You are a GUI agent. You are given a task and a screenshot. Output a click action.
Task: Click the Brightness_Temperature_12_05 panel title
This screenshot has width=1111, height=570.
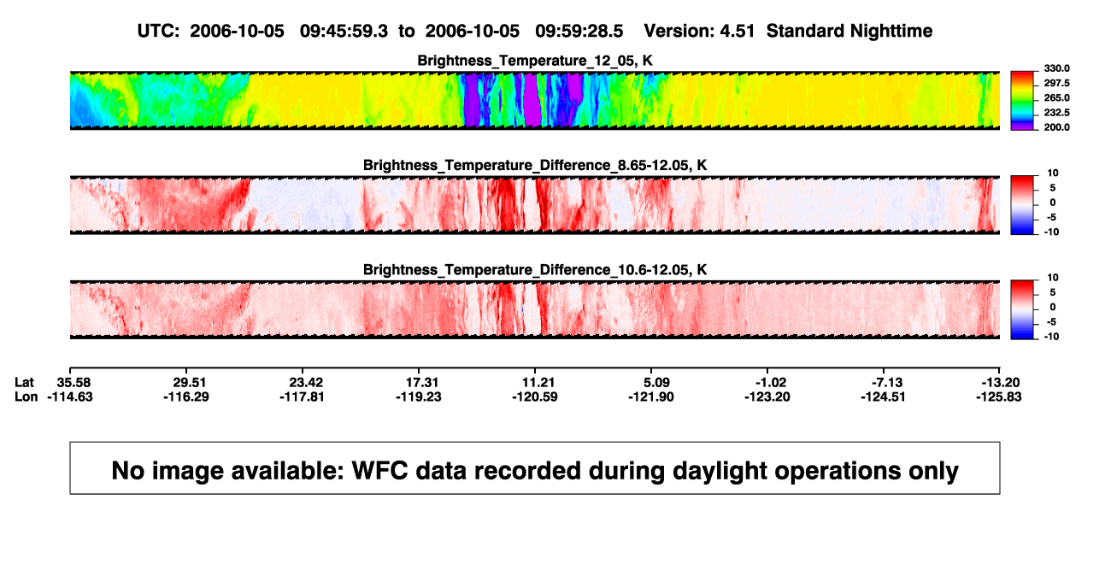pyautogui.click(x=535, y=61)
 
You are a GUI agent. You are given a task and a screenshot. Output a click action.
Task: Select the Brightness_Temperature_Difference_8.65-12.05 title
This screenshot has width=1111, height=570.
pyautogui.click(x=535, y=165)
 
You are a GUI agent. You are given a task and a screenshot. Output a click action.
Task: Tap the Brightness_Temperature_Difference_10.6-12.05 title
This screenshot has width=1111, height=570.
pyautogui.click(x=535, y=270)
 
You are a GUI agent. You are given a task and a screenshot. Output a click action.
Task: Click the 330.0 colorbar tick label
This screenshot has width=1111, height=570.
pyautogui.click(x=1056, y=68)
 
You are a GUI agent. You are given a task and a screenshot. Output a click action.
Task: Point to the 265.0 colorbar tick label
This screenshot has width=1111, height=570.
pyautogui.click(x=1056, y=97)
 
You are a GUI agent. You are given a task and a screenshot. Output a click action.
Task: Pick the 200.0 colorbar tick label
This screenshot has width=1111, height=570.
pyautogui.click(x=1056, y=127)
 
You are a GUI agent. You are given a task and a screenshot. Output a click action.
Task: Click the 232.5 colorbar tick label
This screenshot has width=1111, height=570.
pyautogui.click(x=1056, y=113)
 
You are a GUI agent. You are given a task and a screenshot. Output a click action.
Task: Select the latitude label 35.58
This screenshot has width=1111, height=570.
pyautogui.click(x=73, y=383)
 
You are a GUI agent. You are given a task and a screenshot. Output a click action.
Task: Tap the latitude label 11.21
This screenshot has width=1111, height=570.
pyautogui.click(x=538, y=383)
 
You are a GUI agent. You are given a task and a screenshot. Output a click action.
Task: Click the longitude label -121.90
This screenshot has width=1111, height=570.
pyautogui.click(x=650, y=397)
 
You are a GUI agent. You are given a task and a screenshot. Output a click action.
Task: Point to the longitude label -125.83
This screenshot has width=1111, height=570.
pyautogui.click(x=999, y=397)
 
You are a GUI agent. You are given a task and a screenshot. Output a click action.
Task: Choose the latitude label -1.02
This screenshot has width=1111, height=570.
pyautogui.click(x=771, y=383)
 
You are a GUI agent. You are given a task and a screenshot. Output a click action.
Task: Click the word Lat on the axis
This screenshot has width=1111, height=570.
pyautogui.click(x=24, y=383)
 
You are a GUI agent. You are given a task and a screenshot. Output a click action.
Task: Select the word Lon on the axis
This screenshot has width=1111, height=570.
pyautogui.click(x=26, y=397)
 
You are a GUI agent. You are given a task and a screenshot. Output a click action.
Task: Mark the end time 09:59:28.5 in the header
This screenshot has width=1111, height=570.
pyautogui.click(x=579, y=31)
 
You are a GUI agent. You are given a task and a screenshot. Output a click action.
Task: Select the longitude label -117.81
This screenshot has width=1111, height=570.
pyautogui.click(x=302, y=397)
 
